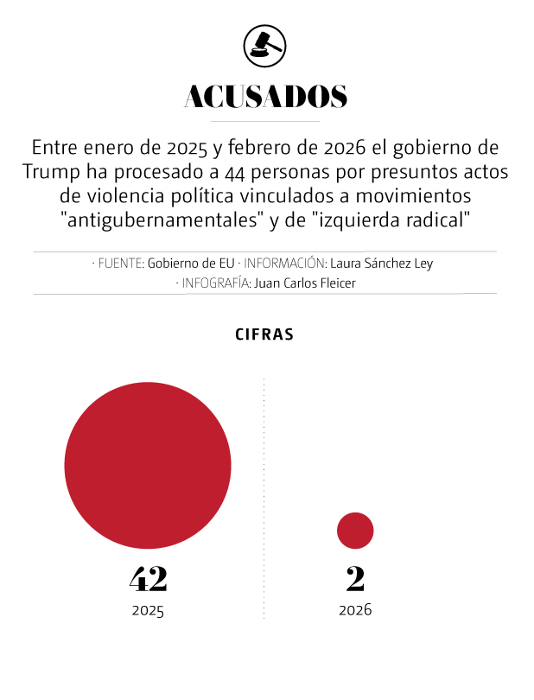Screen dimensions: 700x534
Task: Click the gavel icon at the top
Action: point(265,44)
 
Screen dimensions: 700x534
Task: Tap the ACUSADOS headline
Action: point(266,97)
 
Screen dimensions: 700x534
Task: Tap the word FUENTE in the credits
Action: point(119,264)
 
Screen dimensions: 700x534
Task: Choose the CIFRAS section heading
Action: point(264,334)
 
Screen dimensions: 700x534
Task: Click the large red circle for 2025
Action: point(148,466)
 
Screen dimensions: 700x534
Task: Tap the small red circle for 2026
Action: point(355,531)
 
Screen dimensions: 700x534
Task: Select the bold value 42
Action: point(148,578)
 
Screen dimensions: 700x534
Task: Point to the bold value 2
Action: point(355,578)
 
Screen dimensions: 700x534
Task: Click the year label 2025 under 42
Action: point(148,610)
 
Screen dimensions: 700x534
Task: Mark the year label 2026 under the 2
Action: point(355,610)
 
